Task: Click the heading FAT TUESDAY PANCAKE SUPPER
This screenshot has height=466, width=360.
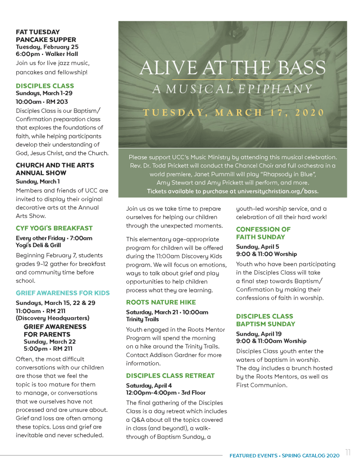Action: (x=46, y=36)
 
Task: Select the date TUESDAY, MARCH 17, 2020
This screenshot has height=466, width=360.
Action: (x=233, y=113)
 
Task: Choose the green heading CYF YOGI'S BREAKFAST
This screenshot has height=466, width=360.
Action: (x=54, y=228)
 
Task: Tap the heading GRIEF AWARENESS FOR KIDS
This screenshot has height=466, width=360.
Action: (x=63, y=293)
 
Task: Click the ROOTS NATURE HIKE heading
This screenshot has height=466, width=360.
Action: (x=161, y=302)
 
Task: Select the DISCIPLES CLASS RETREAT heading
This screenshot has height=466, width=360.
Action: (x=170, y=375)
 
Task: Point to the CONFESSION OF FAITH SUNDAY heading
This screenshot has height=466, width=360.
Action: (x=263, y=233)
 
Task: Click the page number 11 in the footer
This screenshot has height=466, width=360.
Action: (x=348, y=452)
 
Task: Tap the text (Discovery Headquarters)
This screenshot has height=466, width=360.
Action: (x=52, y=318)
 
